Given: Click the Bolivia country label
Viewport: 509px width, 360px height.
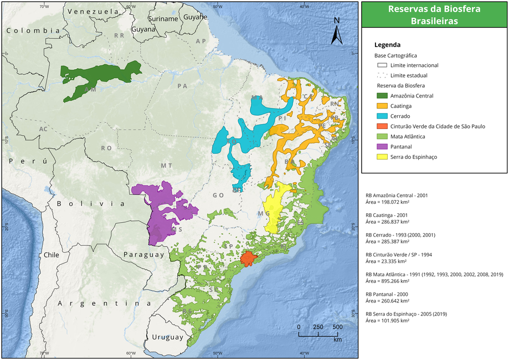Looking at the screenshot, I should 90,203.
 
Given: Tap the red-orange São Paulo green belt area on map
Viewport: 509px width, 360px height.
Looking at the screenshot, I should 248,258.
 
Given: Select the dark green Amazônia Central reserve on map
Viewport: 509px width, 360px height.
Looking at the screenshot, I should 100,78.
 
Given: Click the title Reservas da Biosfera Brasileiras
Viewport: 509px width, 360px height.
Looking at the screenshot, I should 434,14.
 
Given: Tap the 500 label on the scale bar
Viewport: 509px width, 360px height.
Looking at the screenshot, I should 337,327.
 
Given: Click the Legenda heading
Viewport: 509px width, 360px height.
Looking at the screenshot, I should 387,45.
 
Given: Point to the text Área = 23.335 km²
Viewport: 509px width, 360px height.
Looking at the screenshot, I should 387,261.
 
